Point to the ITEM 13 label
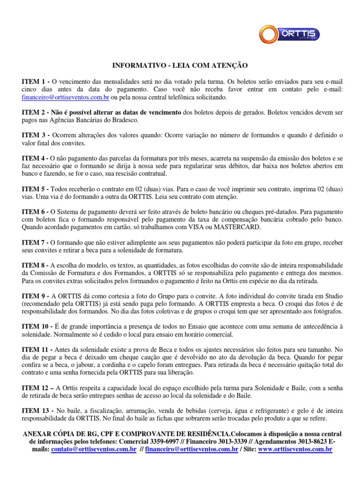pos(37,410)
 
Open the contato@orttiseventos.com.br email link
pos(94,449)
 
